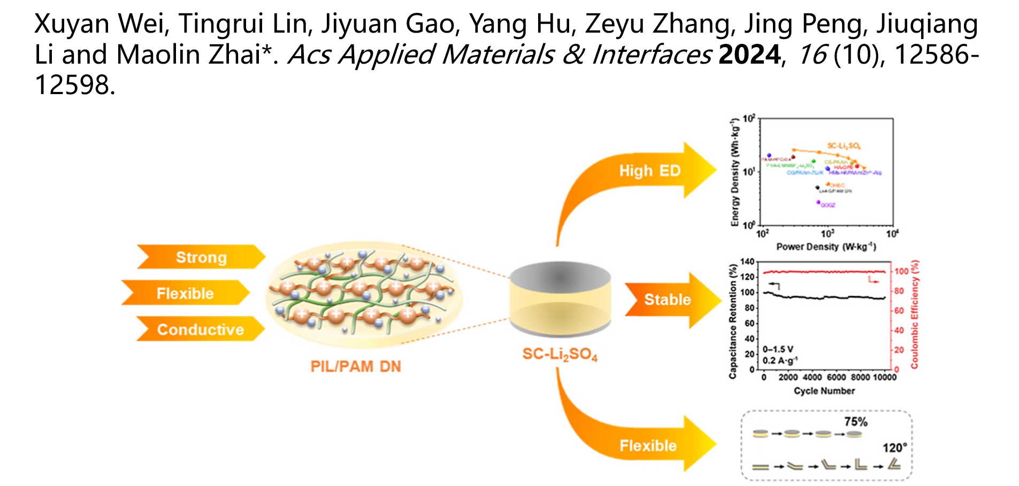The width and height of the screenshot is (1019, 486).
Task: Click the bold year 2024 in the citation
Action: [x=749, y=55]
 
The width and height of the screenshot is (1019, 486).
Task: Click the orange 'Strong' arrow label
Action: [x=201, y=257]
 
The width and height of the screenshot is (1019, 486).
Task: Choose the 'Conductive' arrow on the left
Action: [x=200, y=329]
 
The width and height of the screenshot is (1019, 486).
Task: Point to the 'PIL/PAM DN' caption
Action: [x=356, y=366]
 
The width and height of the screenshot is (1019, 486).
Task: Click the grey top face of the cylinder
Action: [x=560, y=276]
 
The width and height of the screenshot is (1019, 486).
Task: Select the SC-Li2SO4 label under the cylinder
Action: [x=560, y=354]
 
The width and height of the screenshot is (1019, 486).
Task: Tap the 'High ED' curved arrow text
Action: [x=649, y=171]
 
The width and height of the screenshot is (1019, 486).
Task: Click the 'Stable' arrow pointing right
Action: [x=667, y=299]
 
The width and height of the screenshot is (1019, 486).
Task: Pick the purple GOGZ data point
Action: [x=818, y=203]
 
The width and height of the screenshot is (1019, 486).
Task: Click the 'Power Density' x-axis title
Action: [x=826, y=246]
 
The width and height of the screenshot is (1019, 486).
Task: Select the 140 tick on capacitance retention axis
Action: [x=747, y=262]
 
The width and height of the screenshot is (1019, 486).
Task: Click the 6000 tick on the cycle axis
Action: [x=837, y=377]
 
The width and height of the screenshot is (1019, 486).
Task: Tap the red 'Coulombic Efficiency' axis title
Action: [x=914, y=314]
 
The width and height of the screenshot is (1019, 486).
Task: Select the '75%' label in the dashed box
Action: [x=856, y=421]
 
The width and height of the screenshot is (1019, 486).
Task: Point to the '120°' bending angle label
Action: [x=894, y=448]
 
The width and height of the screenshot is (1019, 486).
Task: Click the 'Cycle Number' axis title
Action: [x=824, y=391]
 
